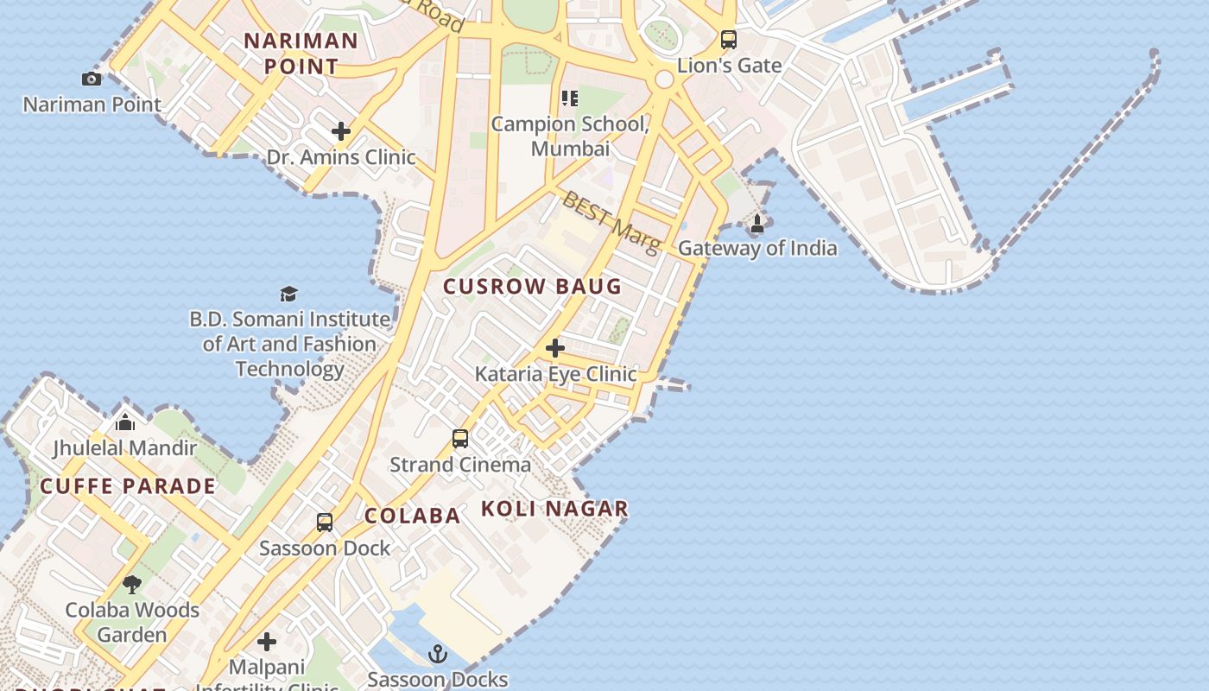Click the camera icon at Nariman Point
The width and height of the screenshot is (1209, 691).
tap(92, 79)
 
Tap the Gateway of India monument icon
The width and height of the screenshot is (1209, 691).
tap(757, 224)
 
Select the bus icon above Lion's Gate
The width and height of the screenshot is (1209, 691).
tap(729, 39)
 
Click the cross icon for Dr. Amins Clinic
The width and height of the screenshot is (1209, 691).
tap(341, 131)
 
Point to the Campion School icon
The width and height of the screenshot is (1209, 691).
tap(569, 98)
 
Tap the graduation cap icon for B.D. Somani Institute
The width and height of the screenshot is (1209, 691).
tap(288, 295)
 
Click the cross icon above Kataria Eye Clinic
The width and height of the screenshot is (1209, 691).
tap(555, 348)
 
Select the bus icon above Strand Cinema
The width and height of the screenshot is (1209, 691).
tap(460, 439)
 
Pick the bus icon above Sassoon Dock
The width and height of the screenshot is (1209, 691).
tap(325, 523)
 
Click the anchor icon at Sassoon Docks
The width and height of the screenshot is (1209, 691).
tap(438, 654)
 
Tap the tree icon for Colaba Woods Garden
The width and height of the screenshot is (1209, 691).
tap(132, 585)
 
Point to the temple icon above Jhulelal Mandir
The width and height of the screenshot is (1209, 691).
tap(125, 422)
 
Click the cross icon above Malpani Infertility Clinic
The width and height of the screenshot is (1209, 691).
tap(267, 642)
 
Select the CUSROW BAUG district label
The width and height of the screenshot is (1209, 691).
tap(532, 287)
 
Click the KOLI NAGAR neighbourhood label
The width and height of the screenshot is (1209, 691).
tap(554, 509)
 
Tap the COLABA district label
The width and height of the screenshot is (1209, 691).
tap(412, 516)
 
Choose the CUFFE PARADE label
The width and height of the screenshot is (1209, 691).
tap(128, 485)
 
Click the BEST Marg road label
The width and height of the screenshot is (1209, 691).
tap(611, 222)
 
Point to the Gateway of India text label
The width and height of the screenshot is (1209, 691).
tap(757, 248)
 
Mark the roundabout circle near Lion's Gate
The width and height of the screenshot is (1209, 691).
tap(664, 79)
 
